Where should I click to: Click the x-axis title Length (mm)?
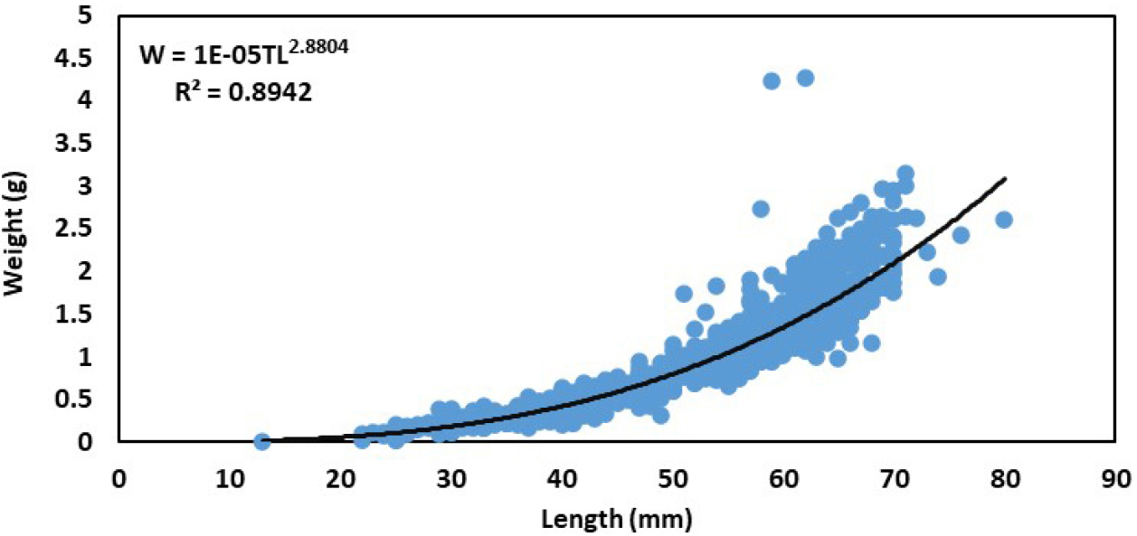point(619,518)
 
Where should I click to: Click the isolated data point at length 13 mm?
point(262,441)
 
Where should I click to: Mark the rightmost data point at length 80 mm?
point(1003,220)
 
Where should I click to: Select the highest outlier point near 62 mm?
point(805,78)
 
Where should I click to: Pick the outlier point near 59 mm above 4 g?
point(772,80)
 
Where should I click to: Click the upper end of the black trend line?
point(1004,179)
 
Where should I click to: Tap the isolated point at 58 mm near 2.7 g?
point(761,209)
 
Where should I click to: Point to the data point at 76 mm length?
point(961,235)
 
